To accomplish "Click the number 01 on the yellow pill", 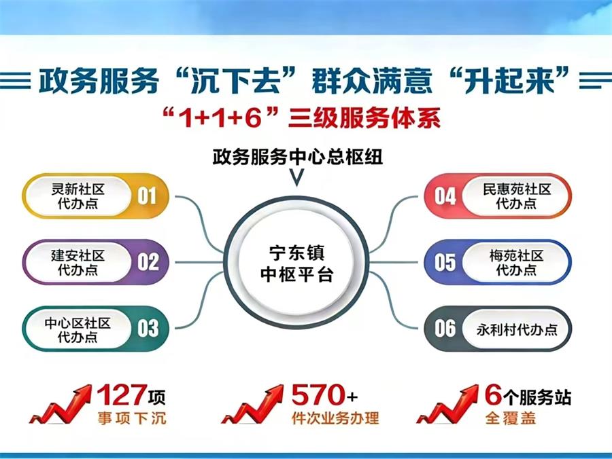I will coord(147,196).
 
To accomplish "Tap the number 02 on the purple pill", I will coord(148,261).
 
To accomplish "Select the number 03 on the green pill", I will coord(148,328).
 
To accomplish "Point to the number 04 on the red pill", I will coord(445,196).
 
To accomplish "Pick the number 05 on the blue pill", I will coord(445,262).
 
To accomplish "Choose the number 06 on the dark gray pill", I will coord(445,329).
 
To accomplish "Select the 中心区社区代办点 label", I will coord(78,329).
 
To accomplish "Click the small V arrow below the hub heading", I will coord(296,179).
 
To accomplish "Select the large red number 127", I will coord(120,395).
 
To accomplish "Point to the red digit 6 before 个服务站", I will coord(493,394).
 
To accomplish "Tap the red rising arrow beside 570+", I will coord(252,405).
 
